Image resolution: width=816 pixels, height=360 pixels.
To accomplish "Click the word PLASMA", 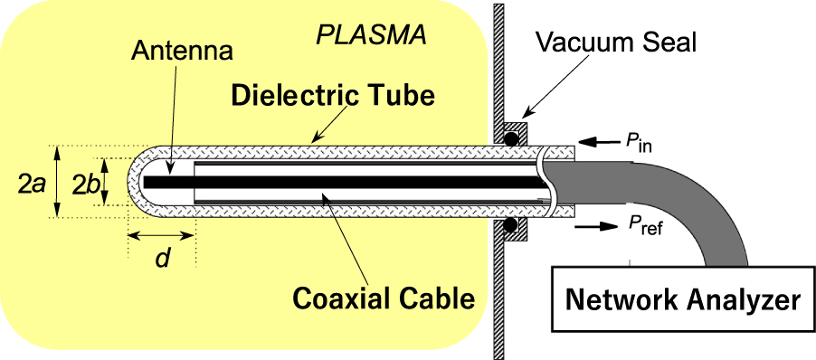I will tap(371, 37).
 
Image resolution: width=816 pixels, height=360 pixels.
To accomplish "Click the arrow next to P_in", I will tap(598, 142).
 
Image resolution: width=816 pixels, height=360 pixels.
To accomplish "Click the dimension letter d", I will tap(162, 258).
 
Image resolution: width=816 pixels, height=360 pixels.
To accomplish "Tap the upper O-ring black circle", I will tap(513, 140).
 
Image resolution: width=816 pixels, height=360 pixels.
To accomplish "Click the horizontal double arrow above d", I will tap(161, 236).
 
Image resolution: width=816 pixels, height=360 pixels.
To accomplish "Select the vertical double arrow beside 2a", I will tap(57, 182).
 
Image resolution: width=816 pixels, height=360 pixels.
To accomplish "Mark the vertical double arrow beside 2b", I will tap(107, 182).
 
